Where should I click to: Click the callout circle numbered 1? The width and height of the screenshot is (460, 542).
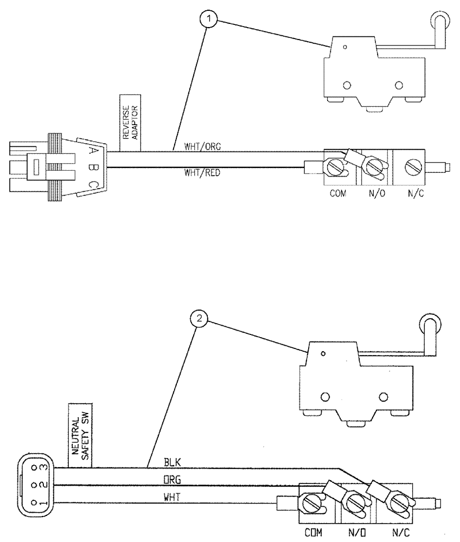[x=210, y=21]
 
